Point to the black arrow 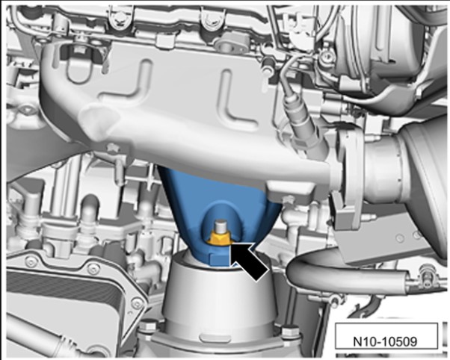[x=247, y=259]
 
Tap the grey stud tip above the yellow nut [x=221, y=226]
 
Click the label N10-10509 [x=385, y=341]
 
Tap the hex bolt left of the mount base [x=149, y=326]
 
